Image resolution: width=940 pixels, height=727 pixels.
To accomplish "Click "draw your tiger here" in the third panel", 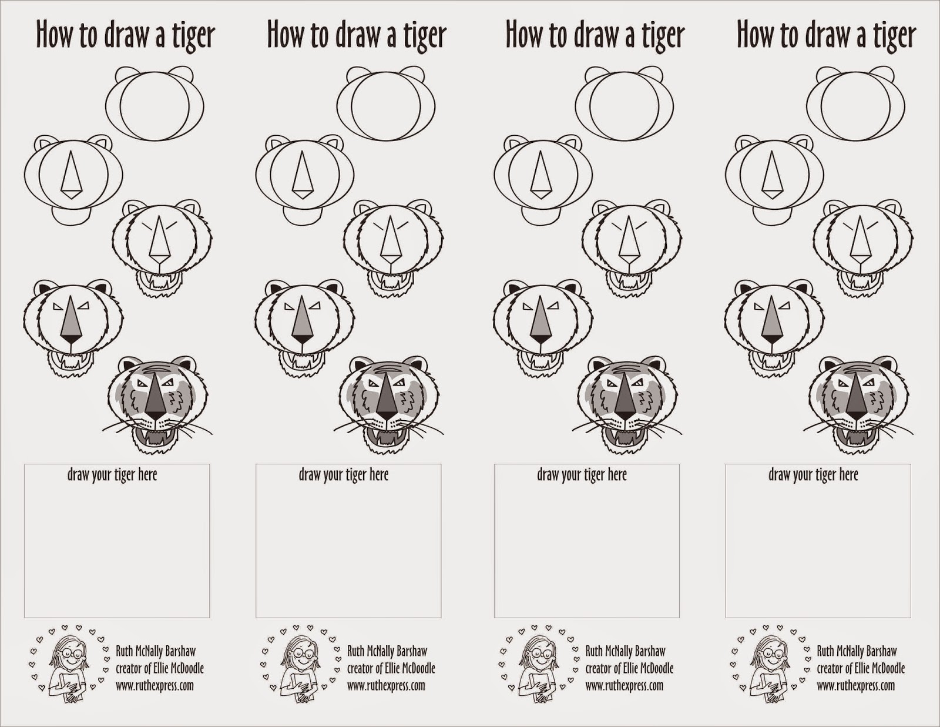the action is (x=582, y=475).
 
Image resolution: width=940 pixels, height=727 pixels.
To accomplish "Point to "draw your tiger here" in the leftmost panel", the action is (x=112, y=475).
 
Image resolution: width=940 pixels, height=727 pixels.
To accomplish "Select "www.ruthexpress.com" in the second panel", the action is (x=386, y=686).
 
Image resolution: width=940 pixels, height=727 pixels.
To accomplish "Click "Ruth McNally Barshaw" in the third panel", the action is (x=625, y=651).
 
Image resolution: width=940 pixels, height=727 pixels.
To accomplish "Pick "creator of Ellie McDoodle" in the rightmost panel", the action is (x=861, y=669).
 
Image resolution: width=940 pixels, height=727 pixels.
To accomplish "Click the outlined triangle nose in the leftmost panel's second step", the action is (x=72, y=175).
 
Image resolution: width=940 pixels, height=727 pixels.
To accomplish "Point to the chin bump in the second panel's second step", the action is (x=303, y=216).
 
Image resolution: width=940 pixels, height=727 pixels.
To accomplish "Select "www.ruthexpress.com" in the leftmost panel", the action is (x=155, y=686).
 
